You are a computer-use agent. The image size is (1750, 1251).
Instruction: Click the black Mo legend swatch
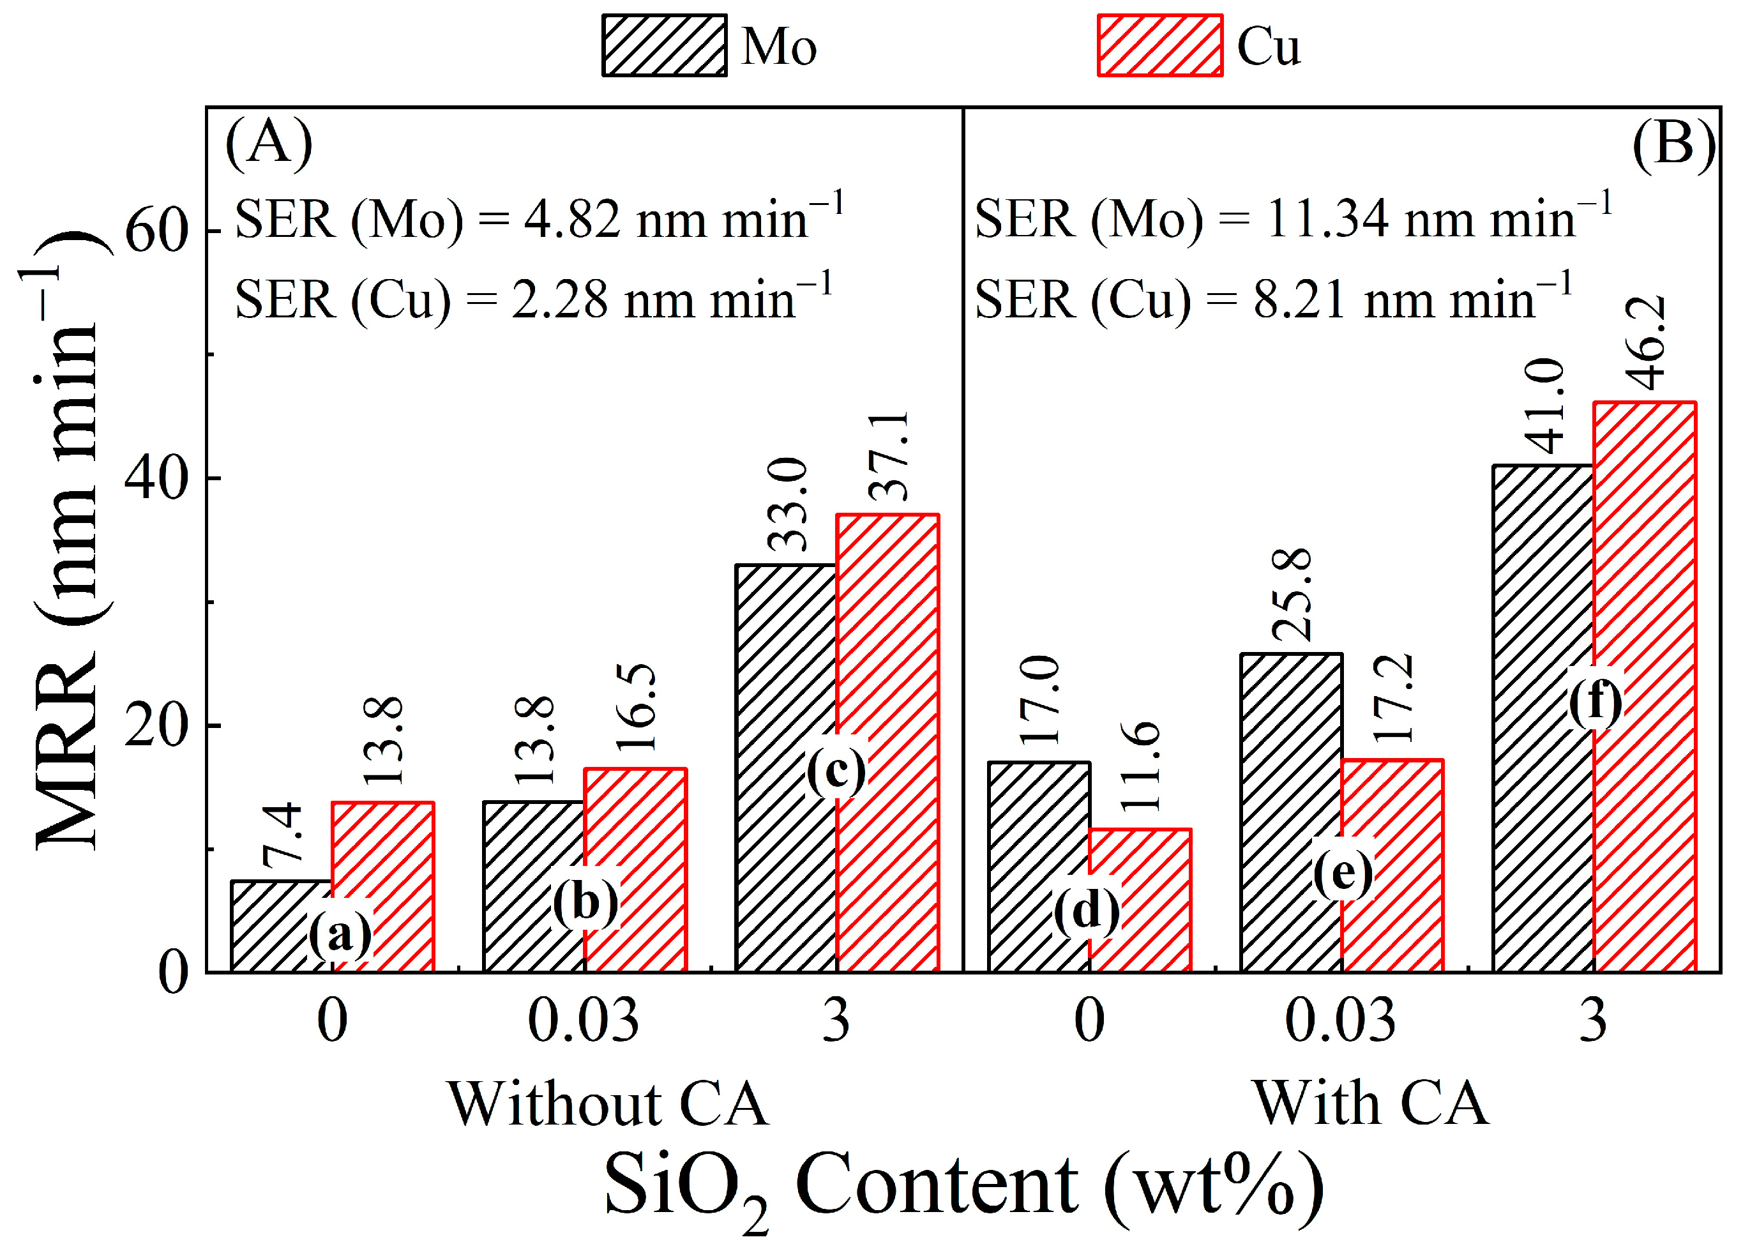(x=664, y=45)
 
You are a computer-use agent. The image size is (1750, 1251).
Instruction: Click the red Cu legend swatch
(x=1159, y=45)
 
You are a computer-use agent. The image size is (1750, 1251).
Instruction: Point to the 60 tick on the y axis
(x=156, y=231)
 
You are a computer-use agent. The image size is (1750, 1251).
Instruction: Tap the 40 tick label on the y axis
(x=156, y=478)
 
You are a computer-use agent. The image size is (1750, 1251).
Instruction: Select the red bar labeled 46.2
(x=1644, y=686)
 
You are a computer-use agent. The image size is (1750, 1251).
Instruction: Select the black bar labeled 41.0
(x=1543, y=716)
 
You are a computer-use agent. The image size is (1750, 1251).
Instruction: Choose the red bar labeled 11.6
(x=1140, y=900)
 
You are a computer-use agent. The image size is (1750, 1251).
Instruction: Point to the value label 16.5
(x=637, y=707)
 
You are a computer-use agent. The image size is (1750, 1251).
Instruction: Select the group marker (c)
(x=836, y=770)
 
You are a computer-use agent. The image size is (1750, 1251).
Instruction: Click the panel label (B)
(x=1673, y=143)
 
